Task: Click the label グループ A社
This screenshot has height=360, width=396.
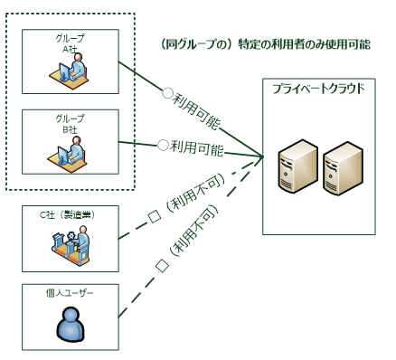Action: coord(70,43)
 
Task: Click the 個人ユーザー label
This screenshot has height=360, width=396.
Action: coord(71,292)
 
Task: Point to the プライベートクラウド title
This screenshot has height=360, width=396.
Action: coord(319,89)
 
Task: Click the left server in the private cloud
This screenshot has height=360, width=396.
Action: coord(296,168)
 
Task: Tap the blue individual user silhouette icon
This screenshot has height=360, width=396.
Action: coord(71,323)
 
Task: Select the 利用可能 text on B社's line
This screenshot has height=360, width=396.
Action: coord(197,145)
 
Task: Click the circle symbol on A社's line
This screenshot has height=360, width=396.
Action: coord(166,92)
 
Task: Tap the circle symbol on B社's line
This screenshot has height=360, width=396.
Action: coord(163,144)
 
